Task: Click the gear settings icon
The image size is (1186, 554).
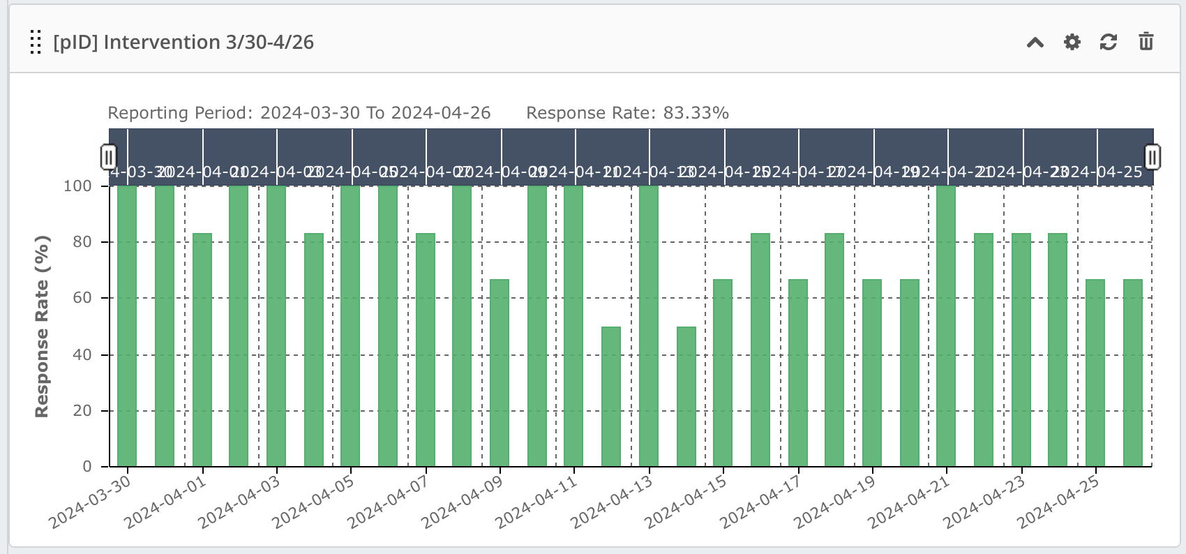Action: point(1072,42)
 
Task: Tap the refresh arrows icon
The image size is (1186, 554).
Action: point(1108,42)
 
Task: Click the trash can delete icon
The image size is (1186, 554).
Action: point(1146,42)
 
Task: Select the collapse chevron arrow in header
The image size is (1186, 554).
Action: point(1035,43)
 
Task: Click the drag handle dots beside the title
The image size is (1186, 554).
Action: point(36,42)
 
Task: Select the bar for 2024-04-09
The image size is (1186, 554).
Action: point(500,373)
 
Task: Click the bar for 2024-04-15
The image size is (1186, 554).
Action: point(723,373)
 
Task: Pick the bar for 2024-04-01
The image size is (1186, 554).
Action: point(202,349)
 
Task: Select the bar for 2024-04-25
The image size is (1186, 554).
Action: point(1095,373)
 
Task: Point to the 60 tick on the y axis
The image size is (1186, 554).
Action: point(82,298)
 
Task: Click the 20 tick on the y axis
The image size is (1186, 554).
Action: point(82,410)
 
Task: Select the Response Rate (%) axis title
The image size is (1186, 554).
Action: point(42,326)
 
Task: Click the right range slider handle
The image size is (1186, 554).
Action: point(1153,157)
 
